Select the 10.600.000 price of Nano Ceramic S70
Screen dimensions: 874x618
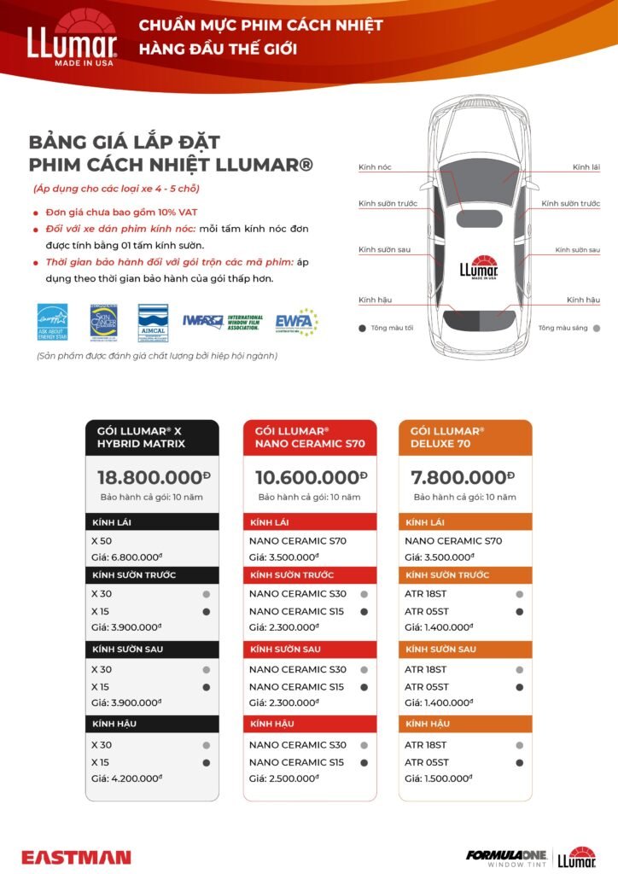point(308,477)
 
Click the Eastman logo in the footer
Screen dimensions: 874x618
point(76,857)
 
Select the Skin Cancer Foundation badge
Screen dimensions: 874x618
point(102,323)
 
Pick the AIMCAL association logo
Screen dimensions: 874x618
point(153,323)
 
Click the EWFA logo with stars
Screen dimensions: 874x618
point(295,323)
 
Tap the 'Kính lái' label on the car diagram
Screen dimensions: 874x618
point(586,167)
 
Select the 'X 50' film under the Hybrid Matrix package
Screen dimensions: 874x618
point(101,540)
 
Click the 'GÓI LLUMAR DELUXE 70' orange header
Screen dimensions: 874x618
point(464,437)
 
